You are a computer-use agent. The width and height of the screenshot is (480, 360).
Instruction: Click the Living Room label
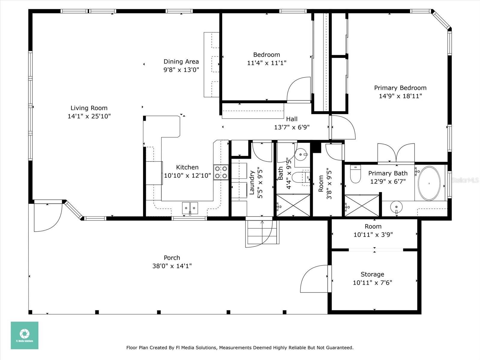(x=89, y=108)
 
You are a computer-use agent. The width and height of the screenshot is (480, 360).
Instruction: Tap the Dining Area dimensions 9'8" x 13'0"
(x=181, y=70)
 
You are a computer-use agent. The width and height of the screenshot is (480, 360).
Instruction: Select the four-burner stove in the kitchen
(x=221, y=172)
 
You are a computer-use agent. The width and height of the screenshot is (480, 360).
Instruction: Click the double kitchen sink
(x=190, y=208)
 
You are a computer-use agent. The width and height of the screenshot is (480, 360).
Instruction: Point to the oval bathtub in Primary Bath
(x=429, y=183)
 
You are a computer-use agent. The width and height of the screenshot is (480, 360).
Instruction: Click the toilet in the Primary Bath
(x=355, y=174)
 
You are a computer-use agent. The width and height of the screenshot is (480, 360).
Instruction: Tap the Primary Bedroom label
(x=400, y=88)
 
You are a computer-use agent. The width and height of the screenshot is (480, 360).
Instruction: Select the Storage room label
(x=372, y=274)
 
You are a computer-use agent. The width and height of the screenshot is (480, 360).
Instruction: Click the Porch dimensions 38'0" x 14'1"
(x=172, y=266)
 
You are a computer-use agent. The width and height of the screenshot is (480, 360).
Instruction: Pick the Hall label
(x=292, y=119)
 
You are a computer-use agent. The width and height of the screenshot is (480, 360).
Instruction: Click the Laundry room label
(x=252, y=183)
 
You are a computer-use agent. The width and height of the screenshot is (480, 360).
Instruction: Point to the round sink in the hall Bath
(x=301, y=154)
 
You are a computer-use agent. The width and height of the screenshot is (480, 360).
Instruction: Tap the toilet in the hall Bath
(x=301, y=177)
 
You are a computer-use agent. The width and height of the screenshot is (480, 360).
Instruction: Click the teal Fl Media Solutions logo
(x=25, y=335)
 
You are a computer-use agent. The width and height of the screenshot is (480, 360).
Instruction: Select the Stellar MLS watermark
(x=465, y=180)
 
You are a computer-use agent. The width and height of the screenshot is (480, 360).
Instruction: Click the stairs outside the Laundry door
(x=262, y=232)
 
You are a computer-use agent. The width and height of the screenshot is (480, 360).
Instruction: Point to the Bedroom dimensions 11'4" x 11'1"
(x=267, y=63)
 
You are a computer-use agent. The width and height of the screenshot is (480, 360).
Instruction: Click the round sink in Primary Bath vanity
(x=396, y=207)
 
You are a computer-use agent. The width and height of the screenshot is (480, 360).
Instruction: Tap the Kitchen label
(x=187, y=167)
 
